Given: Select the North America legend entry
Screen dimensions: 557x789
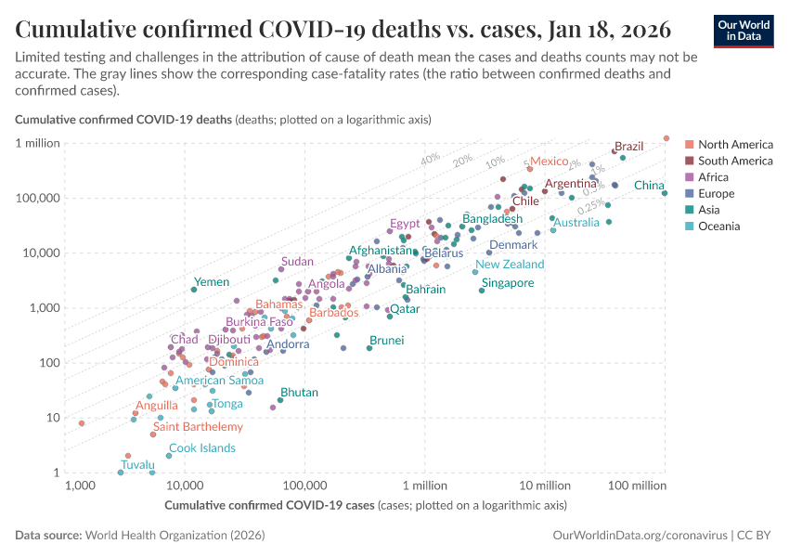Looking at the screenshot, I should [735, 144].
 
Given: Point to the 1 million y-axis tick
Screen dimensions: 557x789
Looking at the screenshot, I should [37, 143].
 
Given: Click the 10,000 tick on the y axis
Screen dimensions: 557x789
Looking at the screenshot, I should [41, 253].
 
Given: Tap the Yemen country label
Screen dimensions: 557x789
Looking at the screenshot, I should [211, 281].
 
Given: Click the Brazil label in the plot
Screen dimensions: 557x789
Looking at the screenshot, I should [629, 147].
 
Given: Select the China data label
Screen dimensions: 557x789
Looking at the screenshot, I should [649, 186].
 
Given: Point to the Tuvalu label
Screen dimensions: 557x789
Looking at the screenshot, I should [137, 464].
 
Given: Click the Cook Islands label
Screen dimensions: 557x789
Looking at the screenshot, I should [201, 448].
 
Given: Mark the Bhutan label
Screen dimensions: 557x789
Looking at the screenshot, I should [299, 393].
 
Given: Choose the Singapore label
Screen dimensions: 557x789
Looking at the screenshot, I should [508, 283].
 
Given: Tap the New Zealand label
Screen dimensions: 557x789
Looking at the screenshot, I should [510, 265].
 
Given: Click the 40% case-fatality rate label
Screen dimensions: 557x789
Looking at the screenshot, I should [430, 159].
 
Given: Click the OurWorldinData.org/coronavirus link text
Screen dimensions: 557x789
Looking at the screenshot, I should [640, 536].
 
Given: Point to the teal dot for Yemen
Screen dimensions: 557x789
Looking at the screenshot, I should [194, 290].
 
